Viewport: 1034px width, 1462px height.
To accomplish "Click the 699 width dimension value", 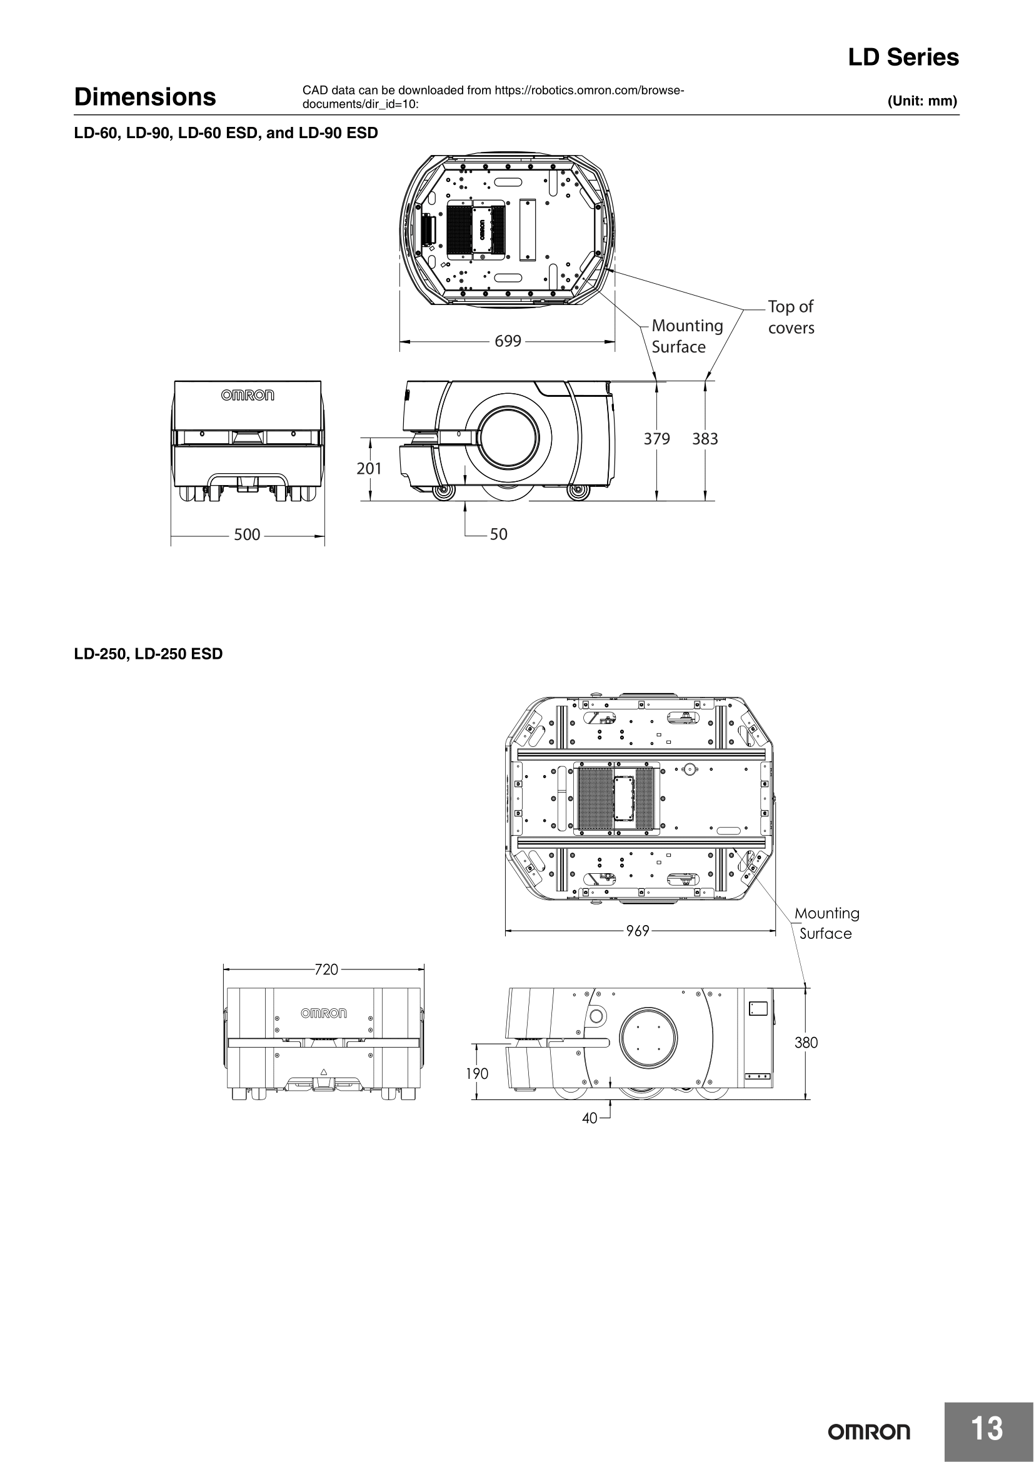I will pos(508,341).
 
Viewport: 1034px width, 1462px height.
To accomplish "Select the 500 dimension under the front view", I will pos(247,535).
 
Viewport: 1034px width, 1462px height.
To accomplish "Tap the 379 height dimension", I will pos(656,439).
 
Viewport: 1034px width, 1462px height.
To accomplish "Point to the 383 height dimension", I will pos(705,439).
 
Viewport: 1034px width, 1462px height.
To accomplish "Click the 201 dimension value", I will pos(369,469).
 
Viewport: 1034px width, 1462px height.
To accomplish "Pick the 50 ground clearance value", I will pos(498,534).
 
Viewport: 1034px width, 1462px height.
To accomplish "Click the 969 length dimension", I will pos(637,931).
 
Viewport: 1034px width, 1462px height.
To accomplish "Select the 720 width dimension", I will pos(326,970).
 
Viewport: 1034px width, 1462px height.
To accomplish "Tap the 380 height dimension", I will pos(806,1043).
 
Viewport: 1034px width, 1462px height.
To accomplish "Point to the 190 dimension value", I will pos(477,1074).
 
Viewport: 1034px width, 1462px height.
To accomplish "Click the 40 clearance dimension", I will pos(590,1118).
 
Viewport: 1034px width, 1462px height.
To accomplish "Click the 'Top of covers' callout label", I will pos(791,317).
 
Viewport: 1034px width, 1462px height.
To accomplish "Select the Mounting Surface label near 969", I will pos(826,923).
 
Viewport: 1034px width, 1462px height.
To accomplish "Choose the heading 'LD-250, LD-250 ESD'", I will pos(148,654).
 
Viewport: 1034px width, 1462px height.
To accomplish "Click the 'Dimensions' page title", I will pos(145,97).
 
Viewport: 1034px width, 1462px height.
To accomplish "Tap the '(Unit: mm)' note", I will pos(922,101).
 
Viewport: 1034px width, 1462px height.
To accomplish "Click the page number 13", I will pos(987,1428).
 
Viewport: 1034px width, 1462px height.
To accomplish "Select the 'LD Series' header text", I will pos(903,58).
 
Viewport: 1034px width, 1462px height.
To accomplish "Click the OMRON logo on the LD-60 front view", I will pos(248,396).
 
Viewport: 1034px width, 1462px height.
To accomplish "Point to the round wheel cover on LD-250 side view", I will pos(648,1039).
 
